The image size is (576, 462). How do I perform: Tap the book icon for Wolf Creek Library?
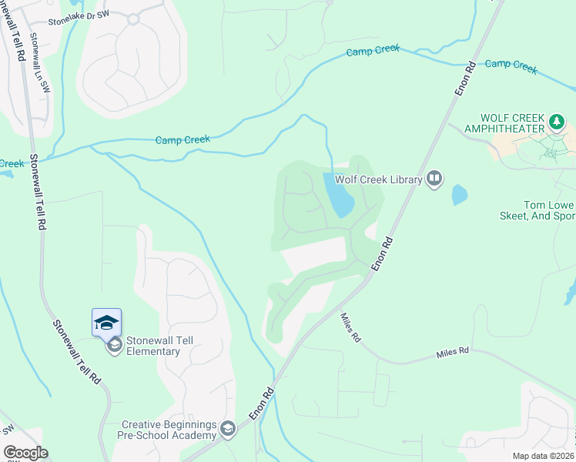click(x=434, y=179)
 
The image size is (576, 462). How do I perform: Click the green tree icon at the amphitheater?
click(x=557, y=122)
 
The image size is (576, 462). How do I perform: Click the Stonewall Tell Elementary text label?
click(x=153, y=346)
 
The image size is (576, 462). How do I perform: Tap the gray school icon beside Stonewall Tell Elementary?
click(x=114, y=345)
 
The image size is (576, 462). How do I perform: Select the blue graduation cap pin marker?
click(x=106, y=322)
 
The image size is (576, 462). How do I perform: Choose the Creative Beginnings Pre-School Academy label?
click(x=169, y=430)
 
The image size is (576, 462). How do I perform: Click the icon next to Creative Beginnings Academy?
click(x=227, y=428)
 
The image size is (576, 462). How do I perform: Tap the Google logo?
click(x=25, y=453)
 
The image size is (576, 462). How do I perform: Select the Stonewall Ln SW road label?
click(x=39, y=62)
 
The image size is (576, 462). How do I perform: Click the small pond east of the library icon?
click(x=459, y=194)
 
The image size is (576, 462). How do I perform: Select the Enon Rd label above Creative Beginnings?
click(x=262, y=403)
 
